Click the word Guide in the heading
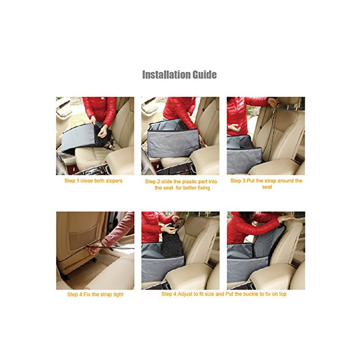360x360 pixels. (x=205, y=75)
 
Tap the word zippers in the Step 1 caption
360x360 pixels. (x=114, y=181)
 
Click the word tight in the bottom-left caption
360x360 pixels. (x=118, y=295)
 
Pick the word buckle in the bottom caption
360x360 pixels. (x=251, y=294)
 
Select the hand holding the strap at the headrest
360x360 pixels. (x=274, y=102)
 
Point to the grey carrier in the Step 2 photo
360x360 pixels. (x=173, y=138)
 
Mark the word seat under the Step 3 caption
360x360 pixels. (x=267, y=187)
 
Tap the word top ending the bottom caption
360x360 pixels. (x=283, y=294)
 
